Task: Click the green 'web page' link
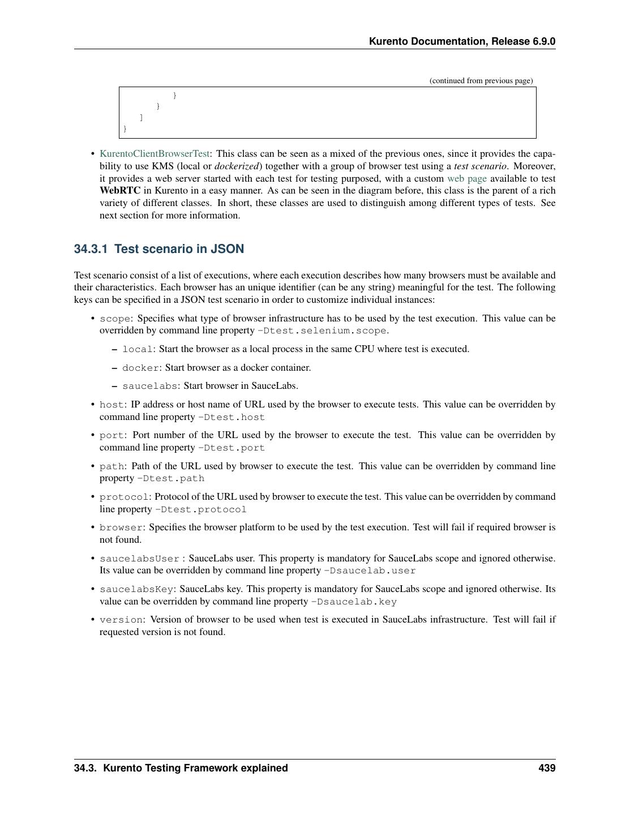466,178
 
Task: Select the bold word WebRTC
117,191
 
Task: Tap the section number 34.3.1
91,249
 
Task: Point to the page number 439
547,768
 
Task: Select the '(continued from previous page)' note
481,80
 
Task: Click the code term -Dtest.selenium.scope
323,331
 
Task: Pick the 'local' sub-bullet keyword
138,349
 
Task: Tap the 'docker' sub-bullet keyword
140,368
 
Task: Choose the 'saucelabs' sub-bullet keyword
149,386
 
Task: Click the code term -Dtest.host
231,417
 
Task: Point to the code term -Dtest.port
231,448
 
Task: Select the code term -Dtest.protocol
200,509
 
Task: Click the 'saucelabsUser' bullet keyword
139,559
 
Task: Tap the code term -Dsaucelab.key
354,602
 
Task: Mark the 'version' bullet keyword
121,620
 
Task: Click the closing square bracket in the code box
141,117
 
